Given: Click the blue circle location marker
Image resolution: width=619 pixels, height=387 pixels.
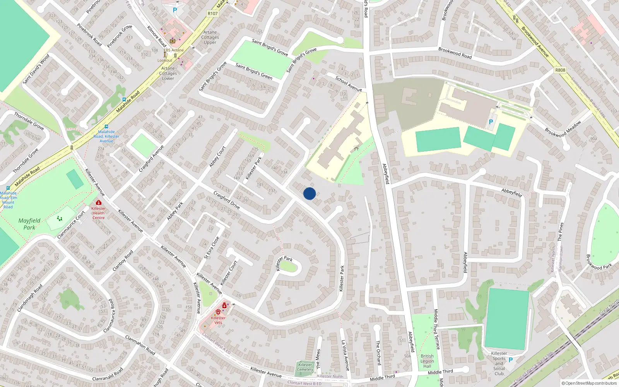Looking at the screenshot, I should tap(309, 193).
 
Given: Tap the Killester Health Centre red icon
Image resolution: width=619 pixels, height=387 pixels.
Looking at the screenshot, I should tap(99, 203).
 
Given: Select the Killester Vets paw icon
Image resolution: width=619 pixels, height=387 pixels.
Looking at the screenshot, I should tap(219, 312).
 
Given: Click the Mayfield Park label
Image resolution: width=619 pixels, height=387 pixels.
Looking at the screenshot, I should tap(29, 224).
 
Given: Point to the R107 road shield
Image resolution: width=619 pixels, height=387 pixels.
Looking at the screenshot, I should tap(212, 14).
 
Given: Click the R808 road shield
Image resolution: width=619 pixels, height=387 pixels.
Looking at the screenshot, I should tap(560, 70).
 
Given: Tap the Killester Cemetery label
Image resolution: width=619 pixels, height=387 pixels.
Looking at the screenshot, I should tap(305, 367).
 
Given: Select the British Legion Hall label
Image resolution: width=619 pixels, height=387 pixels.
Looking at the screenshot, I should tap(427, 361).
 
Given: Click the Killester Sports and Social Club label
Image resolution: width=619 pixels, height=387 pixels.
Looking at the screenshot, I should tap(499, 363).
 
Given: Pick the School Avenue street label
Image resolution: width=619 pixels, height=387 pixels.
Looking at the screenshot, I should tap(349, 84).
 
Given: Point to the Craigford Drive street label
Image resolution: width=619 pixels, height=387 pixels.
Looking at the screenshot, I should tap(227, 200).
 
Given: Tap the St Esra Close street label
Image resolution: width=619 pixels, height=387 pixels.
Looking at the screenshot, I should tap(212, 248).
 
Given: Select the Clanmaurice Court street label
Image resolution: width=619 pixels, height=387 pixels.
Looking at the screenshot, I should tap(71, 225).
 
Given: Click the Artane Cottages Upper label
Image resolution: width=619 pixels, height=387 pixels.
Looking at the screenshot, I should tap(210, 38).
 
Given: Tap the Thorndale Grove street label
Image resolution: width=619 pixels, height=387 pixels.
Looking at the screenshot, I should tap(29, 121).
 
